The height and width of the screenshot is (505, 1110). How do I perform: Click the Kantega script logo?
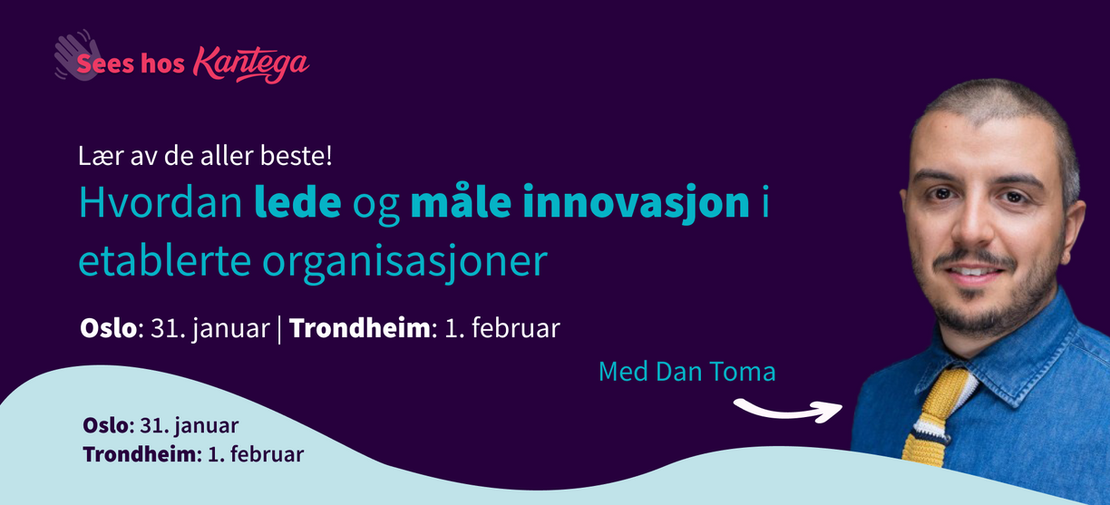251,64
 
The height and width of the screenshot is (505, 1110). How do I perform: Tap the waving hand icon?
78,54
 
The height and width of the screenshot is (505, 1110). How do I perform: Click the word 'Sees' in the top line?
105,64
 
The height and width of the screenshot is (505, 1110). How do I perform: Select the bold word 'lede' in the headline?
297,201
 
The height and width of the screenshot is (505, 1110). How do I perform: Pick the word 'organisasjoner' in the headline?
404,262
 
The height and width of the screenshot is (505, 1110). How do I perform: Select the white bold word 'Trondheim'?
360,327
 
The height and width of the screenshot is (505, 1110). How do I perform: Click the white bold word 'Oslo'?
108,327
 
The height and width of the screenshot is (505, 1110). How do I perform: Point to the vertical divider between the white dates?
279,329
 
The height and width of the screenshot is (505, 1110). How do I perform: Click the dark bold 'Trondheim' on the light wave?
140,454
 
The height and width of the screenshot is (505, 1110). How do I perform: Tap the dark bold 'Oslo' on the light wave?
105,425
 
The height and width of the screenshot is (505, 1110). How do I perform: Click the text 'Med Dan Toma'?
686,371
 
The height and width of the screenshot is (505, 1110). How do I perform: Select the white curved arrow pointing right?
788,411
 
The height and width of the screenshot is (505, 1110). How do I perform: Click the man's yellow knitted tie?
934,418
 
